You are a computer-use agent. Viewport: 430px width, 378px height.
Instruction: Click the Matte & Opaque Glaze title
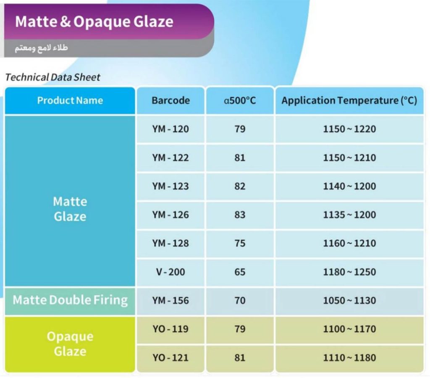click(x=94, y=22)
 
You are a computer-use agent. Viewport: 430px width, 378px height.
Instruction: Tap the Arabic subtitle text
click(x=41, y=48)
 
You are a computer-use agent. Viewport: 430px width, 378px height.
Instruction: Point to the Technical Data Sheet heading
click(x=53, y=77)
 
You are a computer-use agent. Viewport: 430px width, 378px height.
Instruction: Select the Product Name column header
click(x=70, y=100)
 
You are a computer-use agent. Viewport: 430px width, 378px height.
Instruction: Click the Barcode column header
click(x=170, y=100)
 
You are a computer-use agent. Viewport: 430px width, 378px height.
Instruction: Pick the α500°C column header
click(x=240, y=100)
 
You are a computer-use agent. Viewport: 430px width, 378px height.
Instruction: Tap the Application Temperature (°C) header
click(x=349, y=100)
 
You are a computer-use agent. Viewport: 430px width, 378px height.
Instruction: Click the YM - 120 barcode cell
click(x=170, y=129)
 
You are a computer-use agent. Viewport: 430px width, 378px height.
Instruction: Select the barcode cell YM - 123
click(x=170, y=186)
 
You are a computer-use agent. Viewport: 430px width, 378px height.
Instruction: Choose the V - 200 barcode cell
click(x=170, y=272)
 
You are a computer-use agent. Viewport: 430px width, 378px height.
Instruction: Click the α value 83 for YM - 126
click(x=240, y=215)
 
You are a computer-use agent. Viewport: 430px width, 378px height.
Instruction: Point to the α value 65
click(x=240, y=272)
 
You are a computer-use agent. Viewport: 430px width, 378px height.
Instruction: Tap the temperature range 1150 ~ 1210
click(x=349, y=158)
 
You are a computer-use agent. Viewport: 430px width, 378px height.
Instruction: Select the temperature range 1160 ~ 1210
click(x=349, y=243)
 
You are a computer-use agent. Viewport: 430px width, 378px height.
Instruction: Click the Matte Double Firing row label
click(x=70, y=300)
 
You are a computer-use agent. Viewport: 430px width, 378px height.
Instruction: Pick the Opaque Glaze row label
click(x=70, y=344)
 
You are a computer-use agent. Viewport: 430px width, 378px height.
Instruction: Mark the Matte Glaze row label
click(x=70, y=209)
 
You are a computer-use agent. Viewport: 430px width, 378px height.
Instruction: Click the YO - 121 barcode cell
click(x=170, y=358)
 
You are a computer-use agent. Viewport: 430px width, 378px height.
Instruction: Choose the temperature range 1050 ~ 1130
click(x=349, y=300)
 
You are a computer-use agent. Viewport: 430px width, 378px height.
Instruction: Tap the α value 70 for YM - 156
click(x=240, y=300)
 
